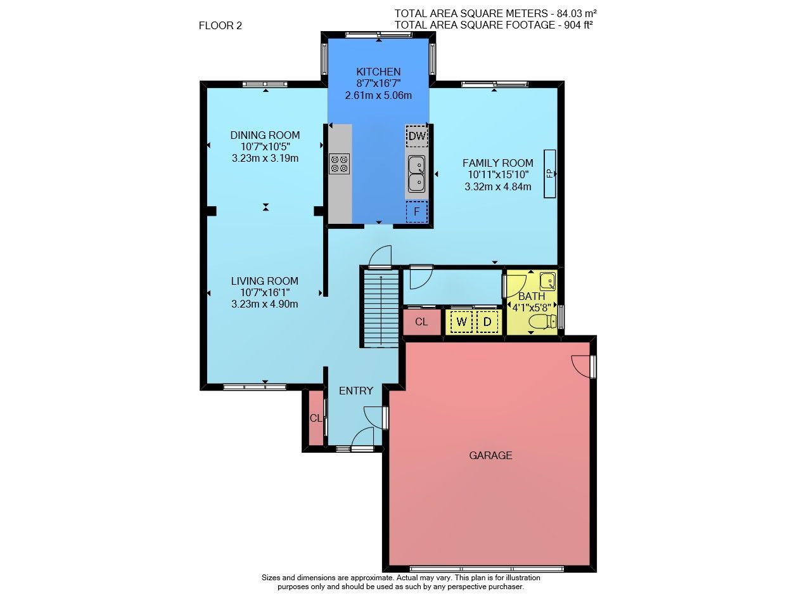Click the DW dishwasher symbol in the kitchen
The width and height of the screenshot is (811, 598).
pyautogui.click(x=417, y=136)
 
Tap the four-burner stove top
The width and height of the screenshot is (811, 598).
pyautogui.click(x=339, y=164)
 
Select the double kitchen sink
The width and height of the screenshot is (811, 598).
pyautogui.click(x=417, y=174)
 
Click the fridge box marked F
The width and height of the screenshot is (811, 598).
pyautogui.click(x=417, y=212)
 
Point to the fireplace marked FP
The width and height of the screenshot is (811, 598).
pyautogui.click(x=549, y=174)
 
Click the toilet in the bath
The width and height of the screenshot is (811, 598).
pyautogui.click(x=543, y=322)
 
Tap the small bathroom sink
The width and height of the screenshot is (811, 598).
pyautogui.click(x=548, y=281)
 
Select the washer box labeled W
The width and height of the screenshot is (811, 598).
pyautogui.click(x=462, y=322)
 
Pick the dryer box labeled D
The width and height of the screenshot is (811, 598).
pyautogui.click(x=487, y=322)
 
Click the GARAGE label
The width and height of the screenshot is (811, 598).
pyautogui.click(x=490, y=455)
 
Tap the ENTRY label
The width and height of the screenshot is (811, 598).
pyautogui.click(x=356, y=391)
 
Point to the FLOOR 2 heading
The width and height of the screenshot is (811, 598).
pyautogui.click(x=220, y=26)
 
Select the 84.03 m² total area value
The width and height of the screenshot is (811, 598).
pyautogui.click(x=577, y=13)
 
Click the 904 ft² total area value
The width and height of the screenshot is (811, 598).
pyautogui.click(x=578, y=25)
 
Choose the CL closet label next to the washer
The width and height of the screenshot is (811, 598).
pyautogui.click(x=421, y=322)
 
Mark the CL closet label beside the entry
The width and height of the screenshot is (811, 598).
pyautogui.click(x=316, y=419)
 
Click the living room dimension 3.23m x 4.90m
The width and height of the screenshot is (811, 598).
pyautogui.click(x=265, y=304)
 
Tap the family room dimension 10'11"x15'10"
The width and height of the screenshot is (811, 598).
pyautogui.click(x=498, y=174)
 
